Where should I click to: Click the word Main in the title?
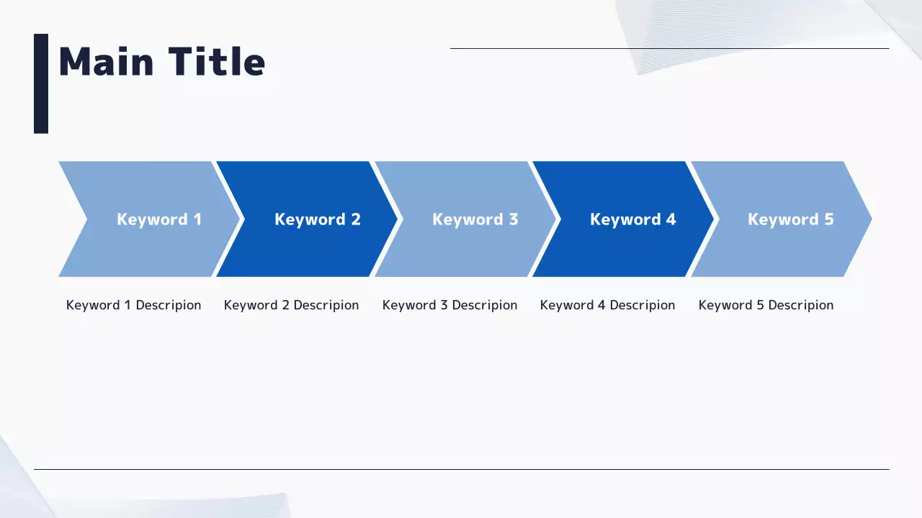(107, 62)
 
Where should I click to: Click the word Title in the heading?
(217, 61)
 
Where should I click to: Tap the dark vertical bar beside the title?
(41, 83)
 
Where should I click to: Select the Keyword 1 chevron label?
(159, 219)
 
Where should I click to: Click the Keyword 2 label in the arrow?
(318, 219)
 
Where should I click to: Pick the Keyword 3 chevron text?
(475, 219)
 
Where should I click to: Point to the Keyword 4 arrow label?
(633, 219)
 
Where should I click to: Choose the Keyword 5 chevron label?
(791, 219)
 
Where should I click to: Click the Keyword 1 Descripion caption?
(134, 306)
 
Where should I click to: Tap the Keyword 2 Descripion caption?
(292, 306)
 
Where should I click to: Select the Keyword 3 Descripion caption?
(450, 306)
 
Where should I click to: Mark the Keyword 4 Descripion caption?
(607, 306)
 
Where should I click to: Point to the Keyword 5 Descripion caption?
(766, 306)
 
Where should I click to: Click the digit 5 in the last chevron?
(829, 219)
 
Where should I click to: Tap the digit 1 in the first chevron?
(198, 219)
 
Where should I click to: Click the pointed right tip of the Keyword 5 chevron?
(872, 219)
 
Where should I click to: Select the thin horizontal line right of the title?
(670, 48)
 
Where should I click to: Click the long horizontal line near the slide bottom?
(462, 469)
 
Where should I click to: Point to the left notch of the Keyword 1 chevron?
(87, 219)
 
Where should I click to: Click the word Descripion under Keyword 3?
(485, 306)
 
